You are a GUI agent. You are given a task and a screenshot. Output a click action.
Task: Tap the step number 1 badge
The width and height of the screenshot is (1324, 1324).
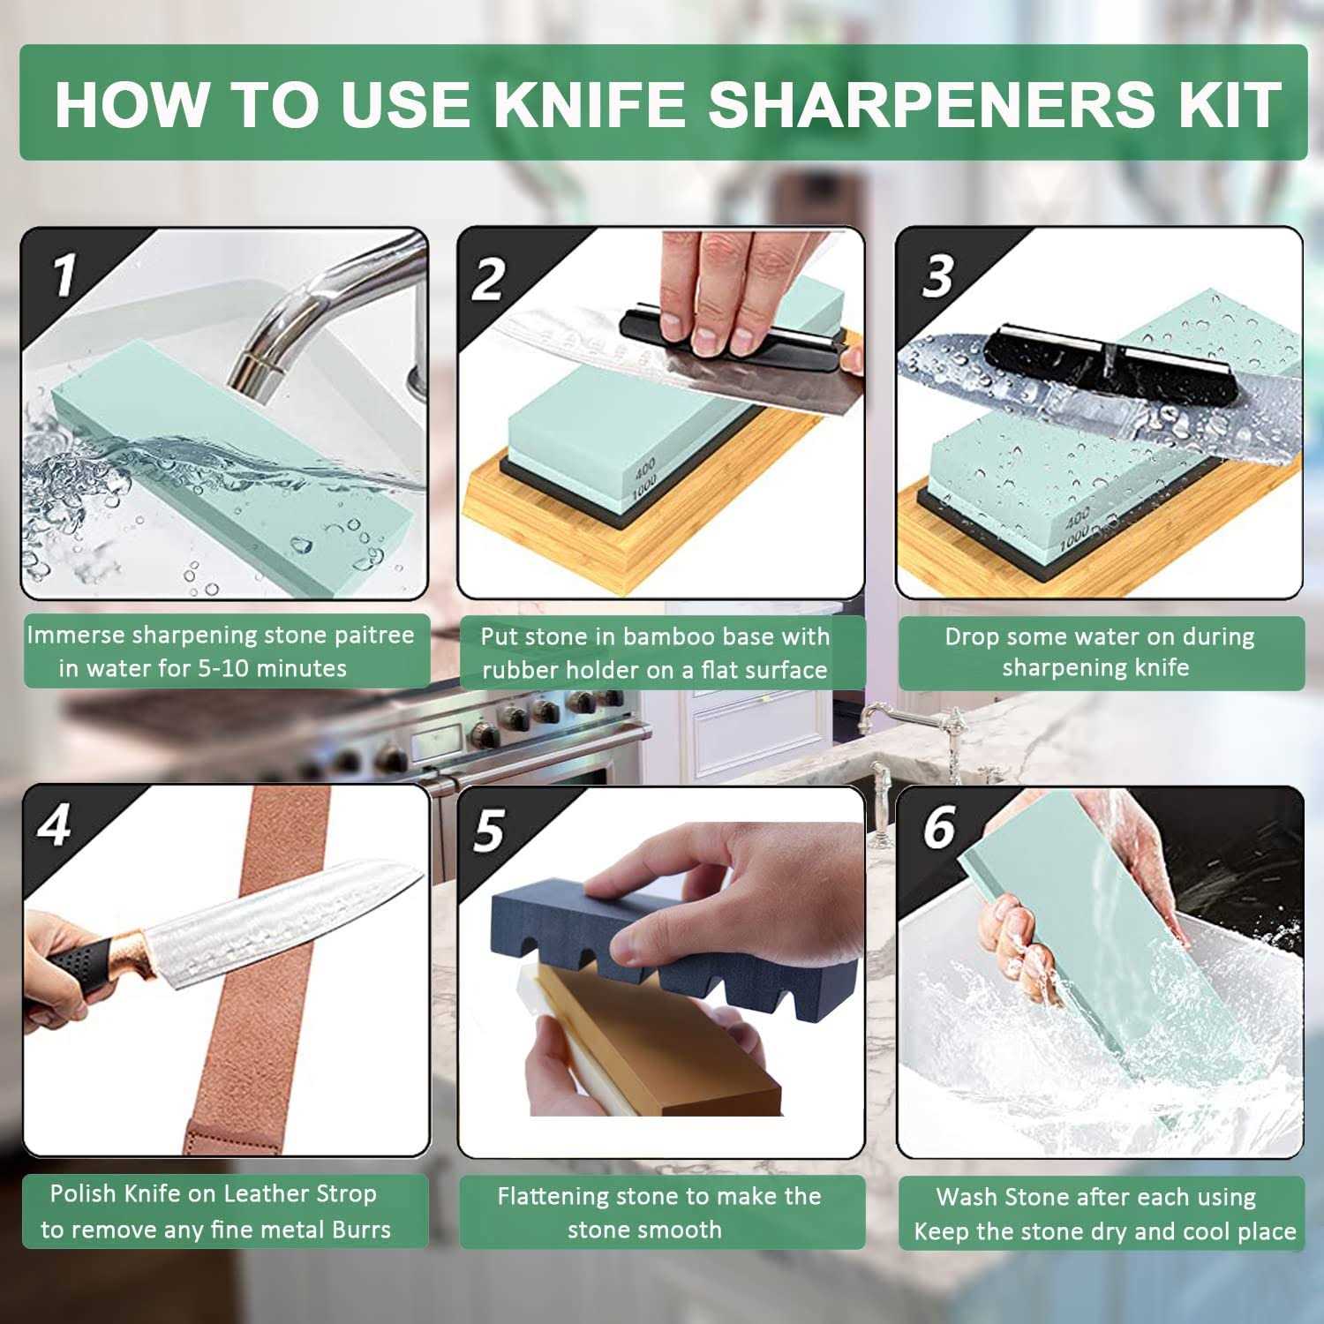(x=64, y=275)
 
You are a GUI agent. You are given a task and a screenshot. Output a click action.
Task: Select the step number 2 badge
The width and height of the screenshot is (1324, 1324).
(x=487, y=279)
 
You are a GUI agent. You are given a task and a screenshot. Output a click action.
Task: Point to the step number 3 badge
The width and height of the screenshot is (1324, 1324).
(x=937, y=277)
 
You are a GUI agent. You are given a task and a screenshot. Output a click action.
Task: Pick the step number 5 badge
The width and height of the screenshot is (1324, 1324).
(x=489, y=831)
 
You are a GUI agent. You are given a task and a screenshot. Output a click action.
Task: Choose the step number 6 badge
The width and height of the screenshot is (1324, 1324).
(x=938, y=827)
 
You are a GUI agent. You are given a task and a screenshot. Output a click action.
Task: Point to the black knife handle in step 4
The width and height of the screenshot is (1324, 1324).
(x=75, y=967)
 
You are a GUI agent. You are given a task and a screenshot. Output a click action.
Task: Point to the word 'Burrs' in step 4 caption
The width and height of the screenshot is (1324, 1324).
(x=361, y=1230)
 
